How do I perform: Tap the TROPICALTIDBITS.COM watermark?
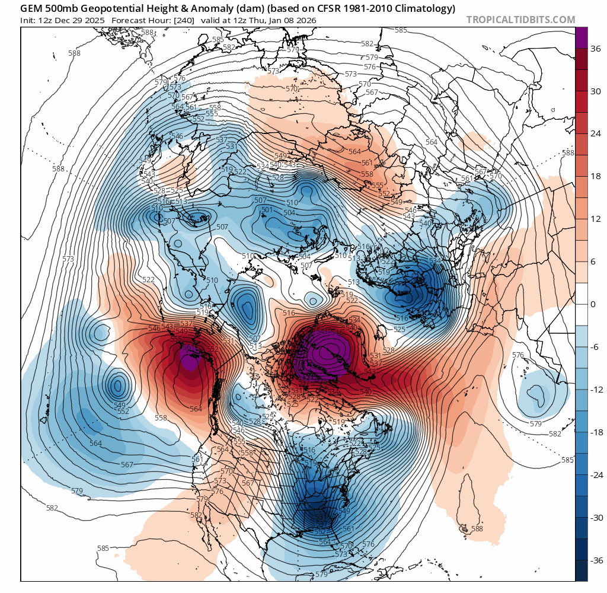point(520,20)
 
